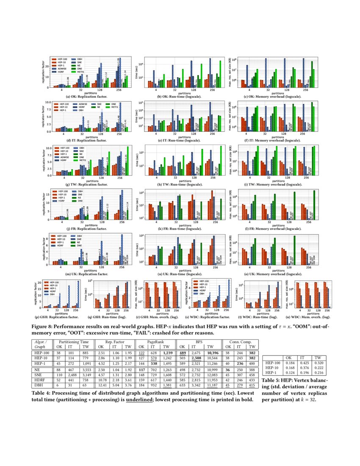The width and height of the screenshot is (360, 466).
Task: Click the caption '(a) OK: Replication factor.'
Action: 80,97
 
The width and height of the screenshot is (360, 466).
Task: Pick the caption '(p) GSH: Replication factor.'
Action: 59,316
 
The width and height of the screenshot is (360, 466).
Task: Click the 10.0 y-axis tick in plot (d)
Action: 48,103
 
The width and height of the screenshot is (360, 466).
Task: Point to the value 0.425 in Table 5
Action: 303,363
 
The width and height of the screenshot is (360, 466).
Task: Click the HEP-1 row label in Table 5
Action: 272,373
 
